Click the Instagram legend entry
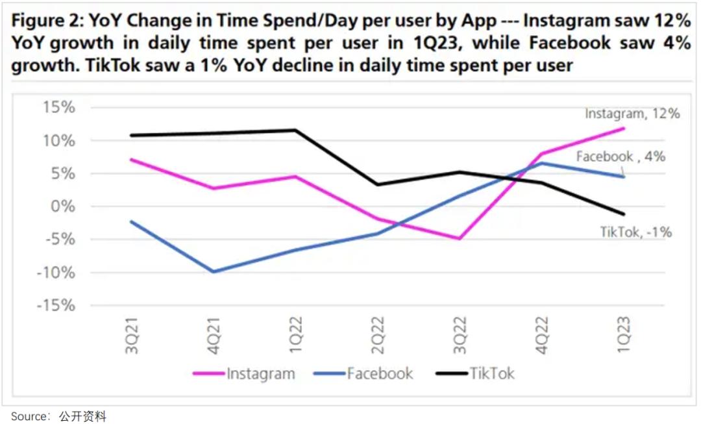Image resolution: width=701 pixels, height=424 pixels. coord(260,373)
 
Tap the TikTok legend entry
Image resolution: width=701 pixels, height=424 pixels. coord(491,373)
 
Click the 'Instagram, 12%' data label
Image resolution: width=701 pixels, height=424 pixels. coord(632,114)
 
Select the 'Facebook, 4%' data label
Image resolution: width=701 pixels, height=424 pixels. coord(621,156)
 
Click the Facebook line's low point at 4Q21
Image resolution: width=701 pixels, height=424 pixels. coord(214,271)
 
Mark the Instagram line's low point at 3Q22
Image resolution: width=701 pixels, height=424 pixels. coord(460,238)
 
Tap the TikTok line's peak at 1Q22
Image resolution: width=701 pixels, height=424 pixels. coord(295,130)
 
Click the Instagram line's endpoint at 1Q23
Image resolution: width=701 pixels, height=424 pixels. coord(624,128)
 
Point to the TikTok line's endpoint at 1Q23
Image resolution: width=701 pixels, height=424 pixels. coord(624,214)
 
